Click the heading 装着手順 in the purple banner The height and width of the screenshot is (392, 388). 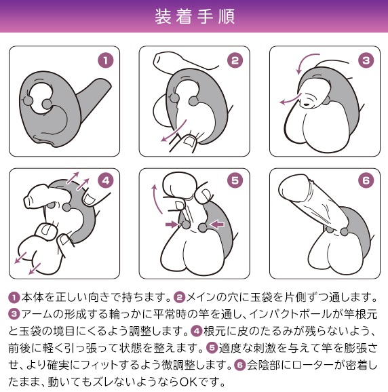point(195,16)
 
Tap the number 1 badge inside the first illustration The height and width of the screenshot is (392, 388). point(106,60)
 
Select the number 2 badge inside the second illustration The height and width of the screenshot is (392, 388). point(235,60)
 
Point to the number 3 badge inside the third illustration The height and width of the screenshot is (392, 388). point(366,60)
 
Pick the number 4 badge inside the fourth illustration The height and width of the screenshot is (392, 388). point(106,180)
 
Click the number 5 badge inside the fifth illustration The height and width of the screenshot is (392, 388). point(235,180)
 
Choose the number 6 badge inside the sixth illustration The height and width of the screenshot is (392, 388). point(366,180)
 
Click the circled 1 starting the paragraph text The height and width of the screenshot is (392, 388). point(14,298)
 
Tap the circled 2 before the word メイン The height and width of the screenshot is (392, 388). point(180,298)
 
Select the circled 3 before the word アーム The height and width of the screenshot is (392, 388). point(14,314)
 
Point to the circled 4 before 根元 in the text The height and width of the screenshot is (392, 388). point(197,331)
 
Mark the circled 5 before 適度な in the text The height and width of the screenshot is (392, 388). point(212,348)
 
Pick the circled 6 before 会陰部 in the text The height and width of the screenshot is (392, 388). point(239,365)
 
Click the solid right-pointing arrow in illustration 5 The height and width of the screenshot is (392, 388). point(172,224)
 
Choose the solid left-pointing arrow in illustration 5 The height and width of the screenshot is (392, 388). point(217,224)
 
